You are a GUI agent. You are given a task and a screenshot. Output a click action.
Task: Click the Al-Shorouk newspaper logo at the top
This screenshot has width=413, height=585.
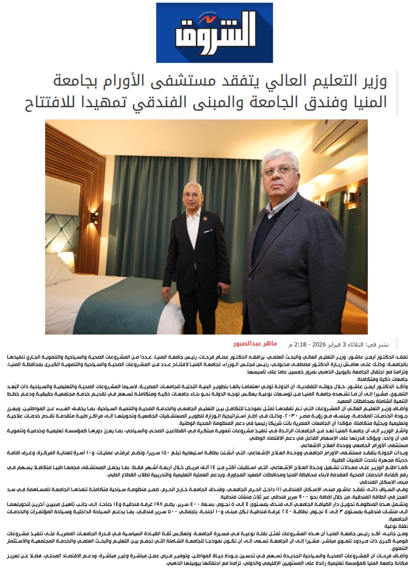point(214,33)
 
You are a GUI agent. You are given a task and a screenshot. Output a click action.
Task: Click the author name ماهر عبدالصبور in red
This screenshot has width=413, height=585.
point(255,344)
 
